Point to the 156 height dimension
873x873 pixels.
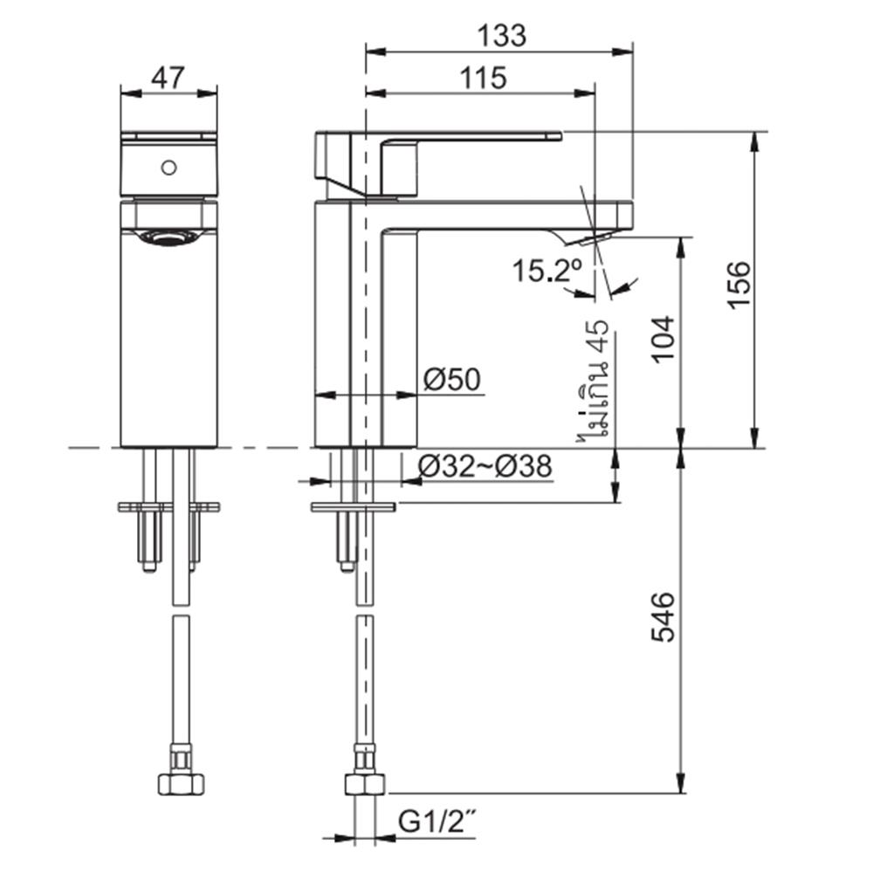[x=739, y=283]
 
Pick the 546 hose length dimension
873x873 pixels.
[x=663, y=617]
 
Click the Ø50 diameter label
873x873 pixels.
[x=451, y=380]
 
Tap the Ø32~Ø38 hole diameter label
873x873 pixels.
[x=485, y=468]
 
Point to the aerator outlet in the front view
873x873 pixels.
[x=168, y=236]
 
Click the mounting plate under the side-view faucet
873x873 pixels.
[x=354, y=506]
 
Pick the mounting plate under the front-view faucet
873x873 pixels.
[x=168, y=506]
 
